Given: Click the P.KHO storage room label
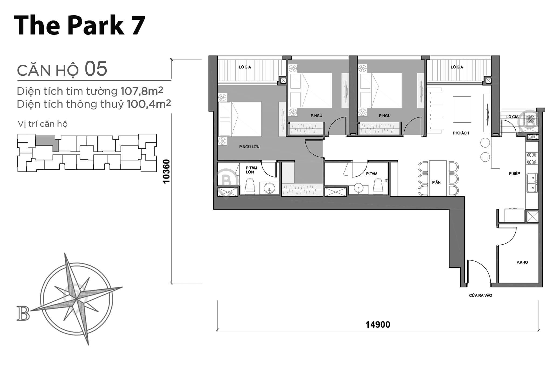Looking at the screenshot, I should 522,262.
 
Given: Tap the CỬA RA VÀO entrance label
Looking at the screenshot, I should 480,295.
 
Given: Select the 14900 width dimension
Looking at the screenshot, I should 378,325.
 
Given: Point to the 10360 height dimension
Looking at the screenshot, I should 167,171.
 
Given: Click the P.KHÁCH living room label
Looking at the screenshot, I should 461,133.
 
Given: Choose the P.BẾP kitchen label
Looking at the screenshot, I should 514,173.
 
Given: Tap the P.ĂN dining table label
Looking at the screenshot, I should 436,182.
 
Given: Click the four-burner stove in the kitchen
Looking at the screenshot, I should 532,158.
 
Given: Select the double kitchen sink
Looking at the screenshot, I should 532,182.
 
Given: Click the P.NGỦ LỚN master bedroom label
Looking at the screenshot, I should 249,147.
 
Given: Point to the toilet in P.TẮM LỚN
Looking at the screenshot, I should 250,187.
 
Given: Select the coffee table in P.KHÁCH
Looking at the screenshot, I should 462,109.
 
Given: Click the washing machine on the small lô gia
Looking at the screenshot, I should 530,119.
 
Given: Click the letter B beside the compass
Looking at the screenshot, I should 23,313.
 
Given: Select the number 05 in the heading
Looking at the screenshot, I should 96,69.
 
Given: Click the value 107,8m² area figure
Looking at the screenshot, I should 142,91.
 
